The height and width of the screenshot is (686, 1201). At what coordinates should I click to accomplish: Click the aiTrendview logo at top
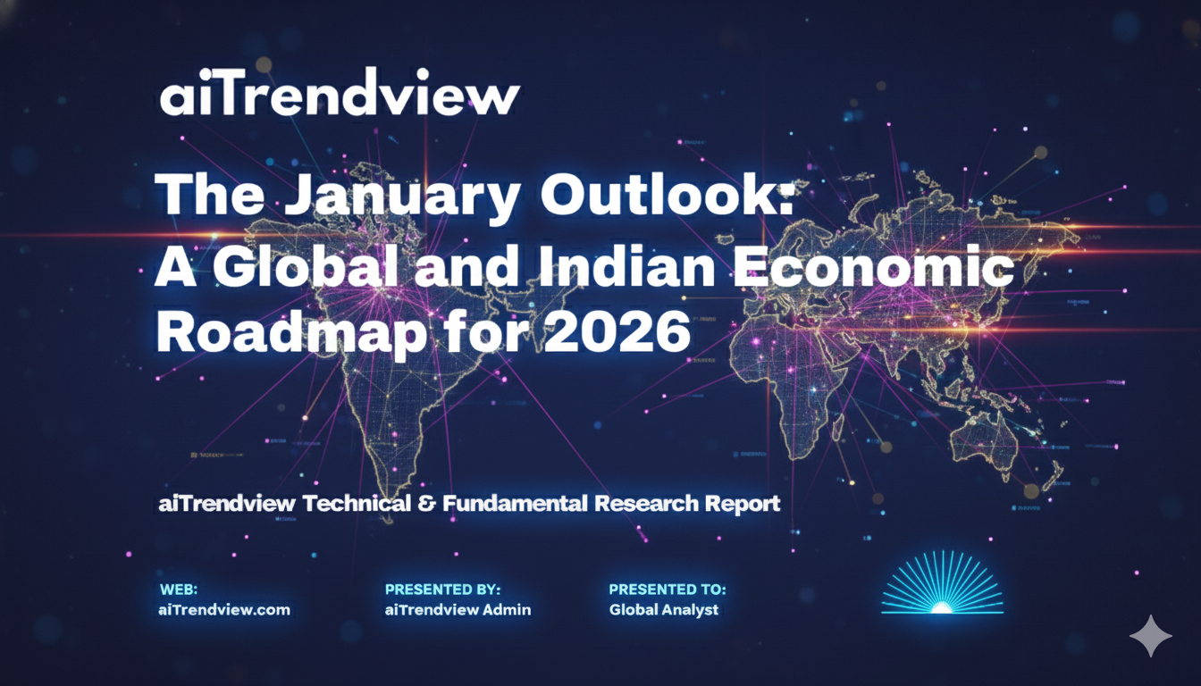(x=339, y=96)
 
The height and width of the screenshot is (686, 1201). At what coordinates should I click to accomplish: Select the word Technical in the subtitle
(x=357, y=504)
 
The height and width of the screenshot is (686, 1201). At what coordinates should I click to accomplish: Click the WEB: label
(x=178, y=590)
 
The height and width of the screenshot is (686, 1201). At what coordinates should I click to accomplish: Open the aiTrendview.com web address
(x=224, y=610)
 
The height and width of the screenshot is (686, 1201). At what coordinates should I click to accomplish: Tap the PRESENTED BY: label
(x=441, y=590)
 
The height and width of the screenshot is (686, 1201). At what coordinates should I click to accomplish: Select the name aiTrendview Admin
(x=458, y=610)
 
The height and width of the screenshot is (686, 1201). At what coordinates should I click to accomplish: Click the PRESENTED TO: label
(x=667, y=590)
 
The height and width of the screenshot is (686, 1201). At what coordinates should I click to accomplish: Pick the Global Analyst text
(x=663, y=610)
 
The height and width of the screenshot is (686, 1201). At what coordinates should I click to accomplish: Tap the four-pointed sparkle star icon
(x=1150, y=636)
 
